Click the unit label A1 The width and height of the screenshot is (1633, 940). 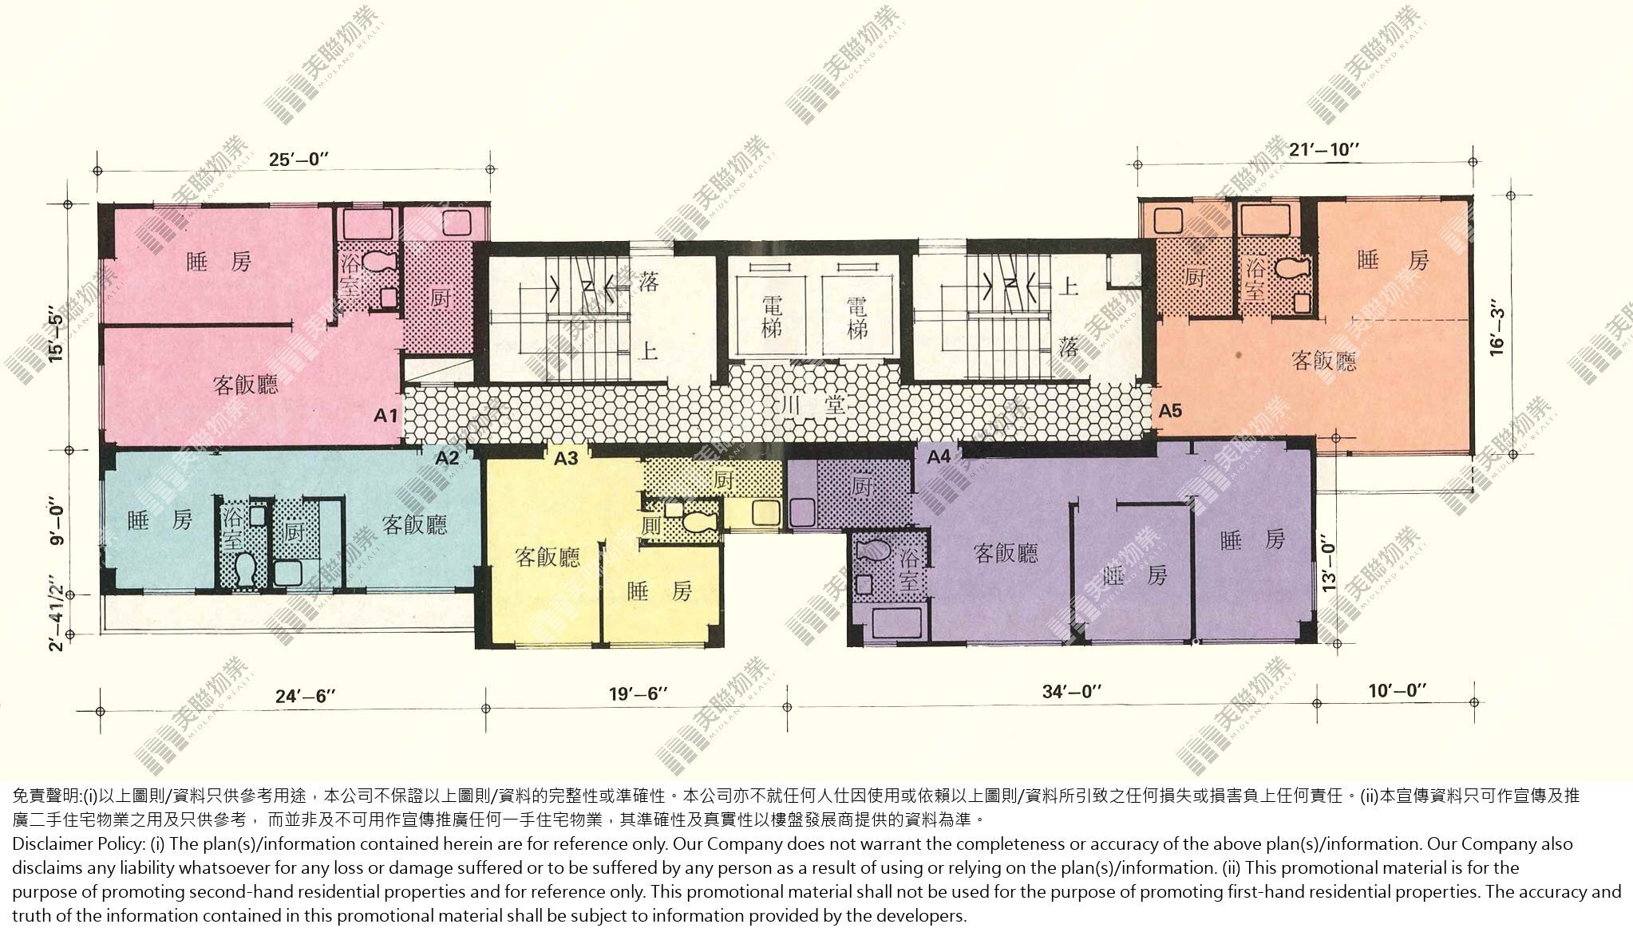(386, 416)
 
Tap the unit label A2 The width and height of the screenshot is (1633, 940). (448, 458)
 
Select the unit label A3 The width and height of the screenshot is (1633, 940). (566, 458)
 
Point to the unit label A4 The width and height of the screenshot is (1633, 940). (939, 457)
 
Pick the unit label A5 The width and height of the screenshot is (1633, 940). (1170, 412)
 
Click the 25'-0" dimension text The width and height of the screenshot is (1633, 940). (299, 159)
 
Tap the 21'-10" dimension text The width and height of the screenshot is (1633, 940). (1324, 149)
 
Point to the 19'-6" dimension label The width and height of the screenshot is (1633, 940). (636, 693)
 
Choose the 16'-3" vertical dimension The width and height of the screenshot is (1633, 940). (1498, 327)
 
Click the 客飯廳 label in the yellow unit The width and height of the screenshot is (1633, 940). (547, 557)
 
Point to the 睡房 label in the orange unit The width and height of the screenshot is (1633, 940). (1392, 261)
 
